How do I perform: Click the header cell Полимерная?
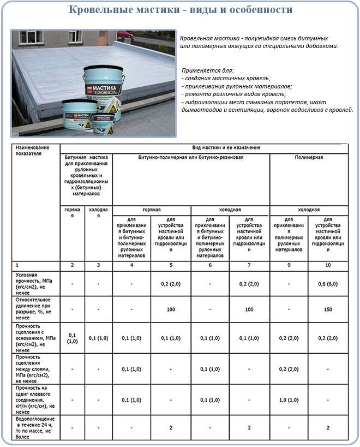click(x=309, y=157)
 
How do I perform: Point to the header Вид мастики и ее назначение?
click(x=226, y=148)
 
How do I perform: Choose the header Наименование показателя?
click(x=32, y=151)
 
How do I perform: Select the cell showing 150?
click(x=328, y=309)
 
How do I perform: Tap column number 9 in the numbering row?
click(x=289, y=265)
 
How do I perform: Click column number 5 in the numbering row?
click(x=171, y=265)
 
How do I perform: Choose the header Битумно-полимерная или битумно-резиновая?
click(x=191, y=157)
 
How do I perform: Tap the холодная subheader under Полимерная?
click(x=309, y=210)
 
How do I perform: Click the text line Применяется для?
click(x=208, y=71)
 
